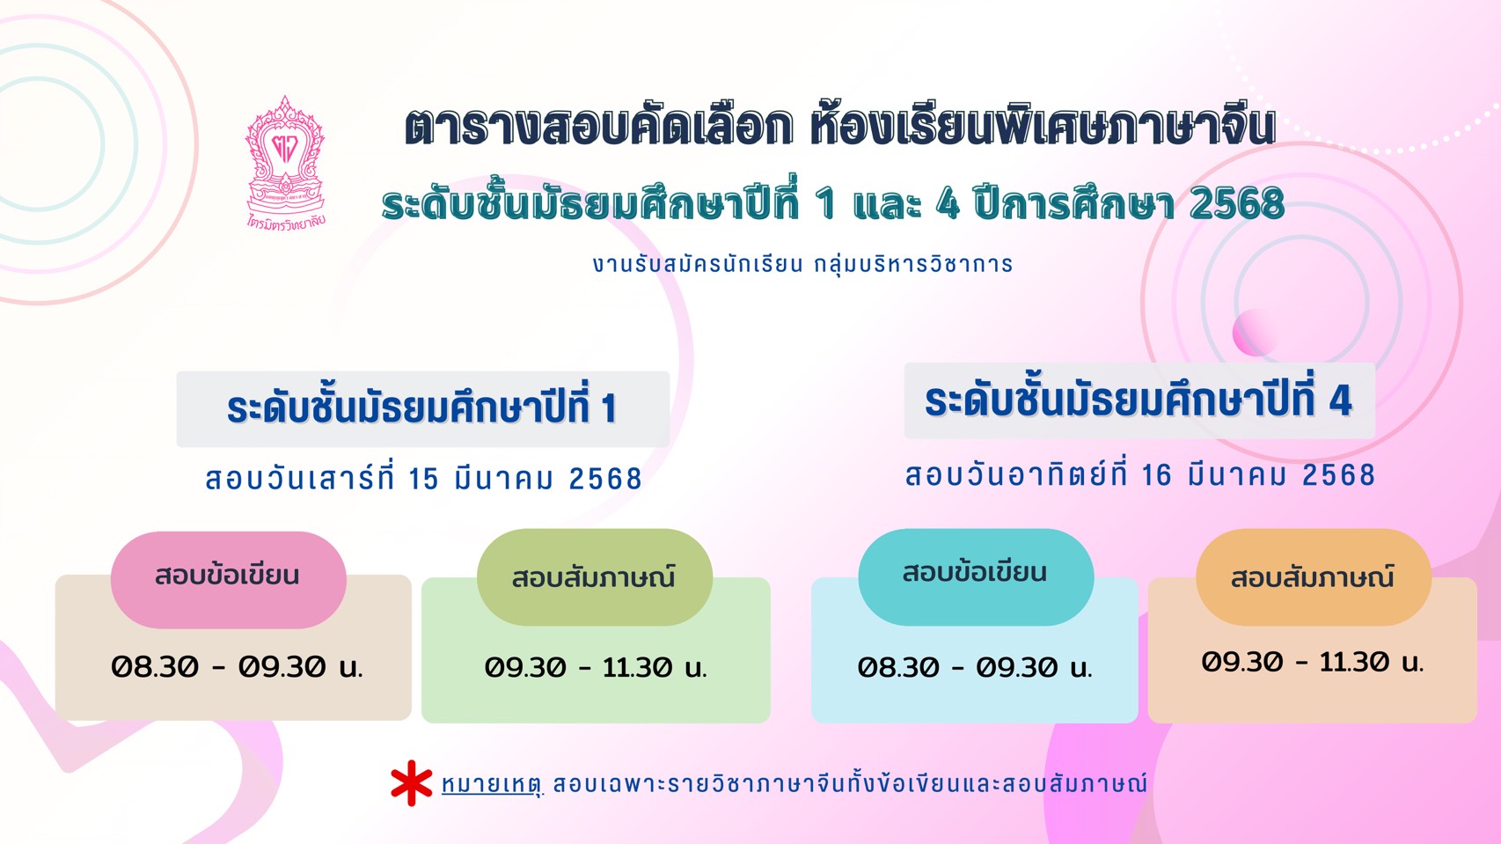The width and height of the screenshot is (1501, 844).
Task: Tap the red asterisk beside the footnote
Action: click(412, 782)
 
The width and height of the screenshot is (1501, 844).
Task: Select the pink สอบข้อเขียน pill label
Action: click(228, 579)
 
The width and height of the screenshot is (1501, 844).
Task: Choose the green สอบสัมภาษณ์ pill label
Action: click(595, 577)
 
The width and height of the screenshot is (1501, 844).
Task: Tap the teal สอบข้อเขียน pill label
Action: click(976, 576)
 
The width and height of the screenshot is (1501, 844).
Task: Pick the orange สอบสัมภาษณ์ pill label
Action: click(1314, 577)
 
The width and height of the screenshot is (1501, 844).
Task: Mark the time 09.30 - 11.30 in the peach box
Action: click(1312, 663)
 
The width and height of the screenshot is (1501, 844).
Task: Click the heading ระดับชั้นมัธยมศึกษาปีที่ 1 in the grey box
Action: click(422, 407)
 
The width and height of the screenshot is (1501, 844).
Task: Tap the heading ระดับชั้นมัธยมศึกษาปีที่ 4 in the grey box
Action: click(1139, 400)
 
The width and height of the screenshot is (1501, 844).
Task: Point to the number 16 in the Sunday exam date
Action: click(1157, 475)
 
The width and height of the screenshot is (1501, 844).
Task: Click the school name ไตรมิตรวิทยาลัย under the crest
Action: click(286, 221)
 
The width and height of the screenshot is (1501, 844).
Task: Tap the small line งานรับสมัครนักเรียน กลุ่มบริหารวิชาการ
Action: click(802, 264)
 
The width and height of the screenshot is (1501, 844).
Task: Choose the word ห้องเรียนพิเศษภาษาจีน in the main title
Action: click(1043, 126)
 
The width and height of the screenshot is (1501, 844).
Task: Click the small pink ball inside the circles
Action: click(1255, 332)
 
